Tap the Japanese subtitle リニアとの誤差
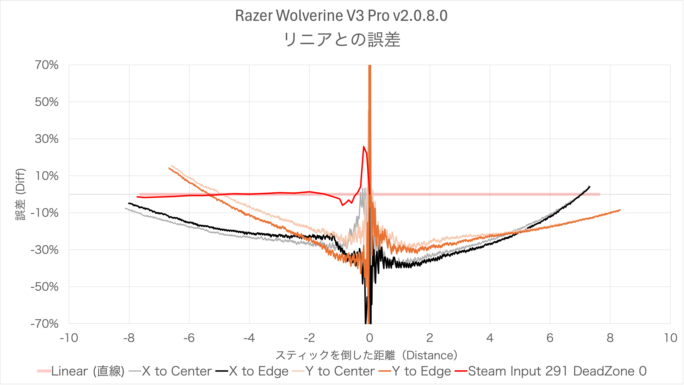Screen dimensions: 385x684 pyautogui.click(x=342, y=40)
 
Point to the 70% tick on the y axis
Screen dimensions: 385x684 pyautogui.click(x=47, y=65)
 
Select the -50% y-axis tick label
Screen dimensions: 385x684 pyautogui.click(x=45, y=287)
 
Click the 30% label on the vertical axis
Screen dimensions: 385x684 pyautogui.click(x=47, y=139)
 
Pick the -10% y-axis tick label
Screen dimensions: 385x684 pyautogui.click(x=45, y=213)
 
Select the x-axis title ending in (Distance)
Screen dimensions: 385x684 pyautogui.click(x=366, y=355)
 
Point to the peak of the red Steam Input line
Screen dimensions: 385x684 pyautogui.click(x=363, y=147)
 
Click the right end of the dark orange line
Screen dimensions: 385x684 pyautogui.click(x=620, y=210)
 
